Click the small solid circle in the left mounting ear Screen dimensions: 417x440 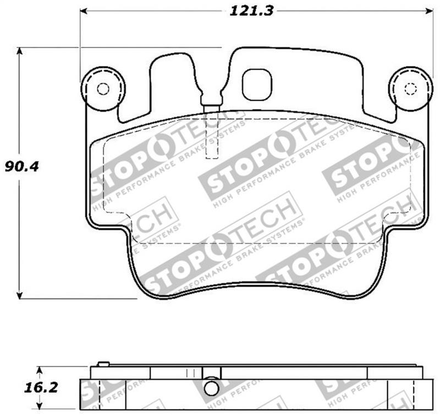(102, 89)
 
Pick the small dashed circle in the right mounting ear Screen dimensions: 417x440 (410, 89)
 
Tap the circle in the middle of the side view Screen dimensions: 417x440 (211, 388)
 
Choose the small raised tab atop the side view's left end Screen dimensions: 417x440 (102, 364)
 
